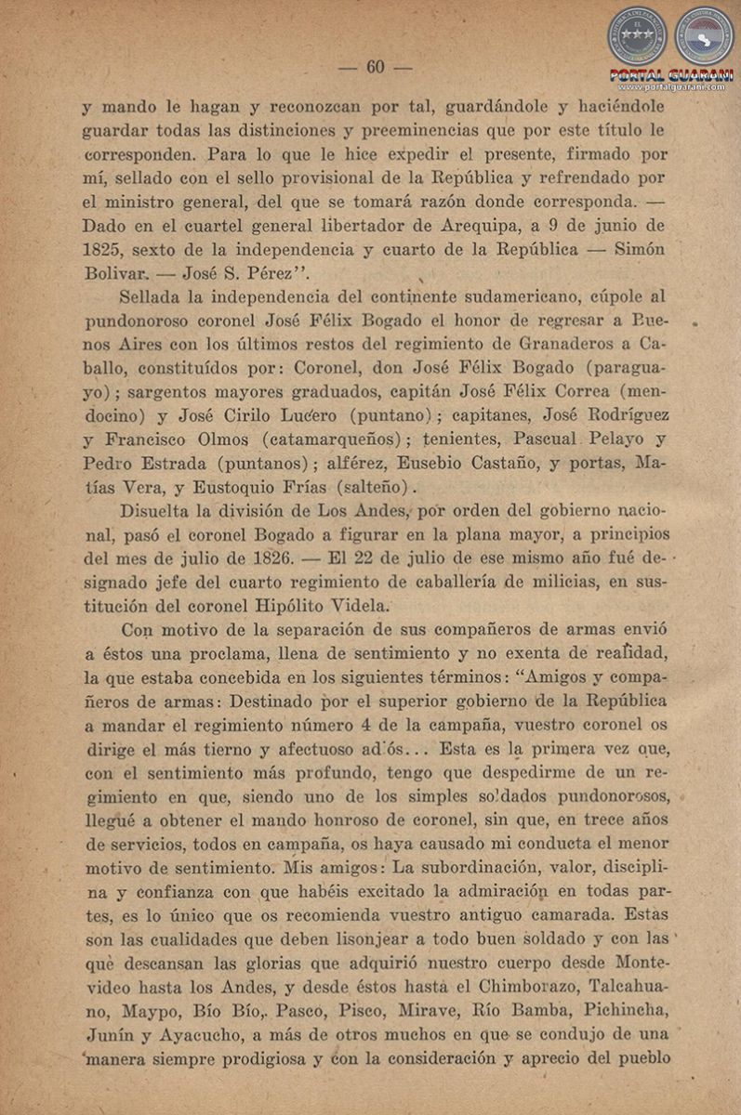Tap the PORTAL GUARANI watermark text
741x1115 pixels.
(x=670, y=74)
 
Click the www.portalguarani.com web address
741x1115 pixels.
(x=670, y=86)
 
